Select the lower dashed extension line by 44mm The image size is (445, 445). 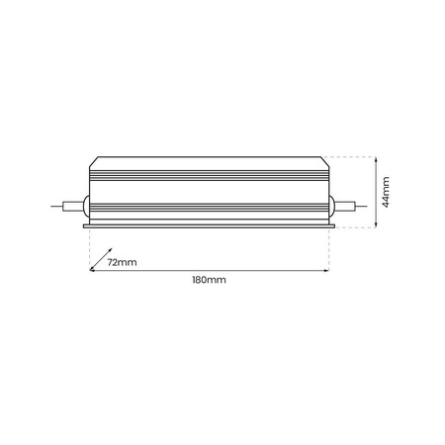[356, 228]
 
